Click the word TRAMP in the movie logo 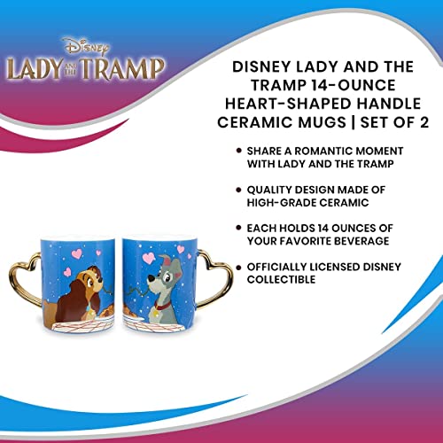[x=132, y=69]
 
